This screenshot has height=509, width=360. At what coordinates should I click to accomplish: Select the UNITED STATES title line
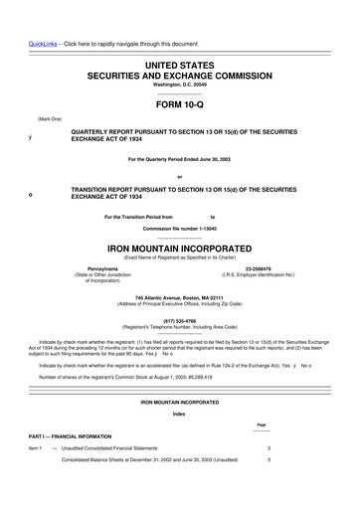coord(180,64)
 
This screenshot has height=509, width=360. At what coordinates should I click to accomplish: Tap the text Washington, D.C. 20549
coord(180,85)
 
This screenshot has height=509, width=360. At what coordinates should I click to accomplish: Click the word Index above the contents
coord(179,413)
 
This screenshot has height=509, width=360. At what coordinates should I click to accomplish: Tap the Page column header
coord(262,425)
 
